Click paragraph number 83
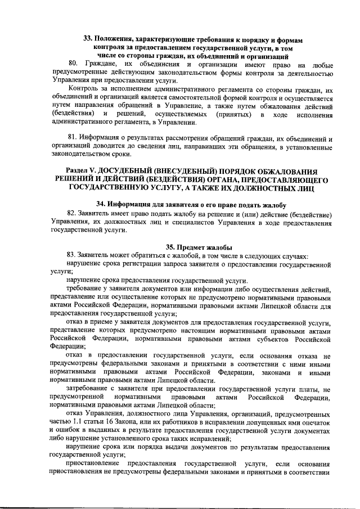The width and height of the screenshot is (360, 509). [x=71, y=255]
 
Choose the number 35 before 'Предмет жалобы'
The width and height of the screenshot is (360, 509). [x=170, y=246]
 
